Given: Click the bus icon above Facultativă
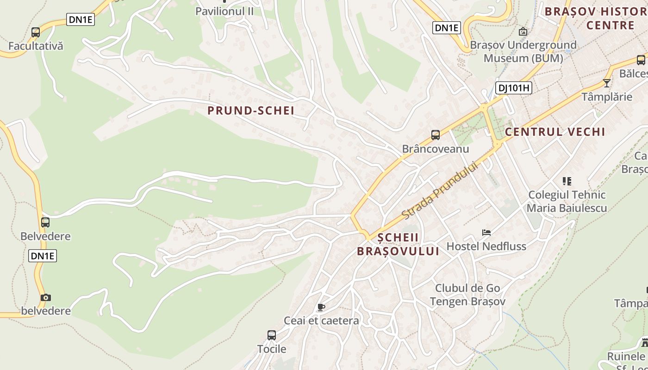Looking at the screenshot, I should (36, 32).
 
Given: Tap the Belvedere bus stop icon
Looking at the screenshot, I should (45, 222).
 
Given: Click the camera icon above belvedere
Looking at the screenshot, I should (45, 297).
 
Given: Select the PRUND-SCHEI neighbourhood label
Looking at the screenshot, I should (250, 111).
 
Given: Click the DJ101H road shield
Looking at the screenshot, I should (513, 88).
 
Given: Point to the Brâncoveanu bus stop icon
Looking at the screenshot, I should (435, 135).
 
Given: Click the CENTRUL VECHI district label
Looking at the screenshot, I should (555, 132).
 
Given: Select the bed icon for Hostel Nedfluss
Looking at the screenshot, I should (486, 233).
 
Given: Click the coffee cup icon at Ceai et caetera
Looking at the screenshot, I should (321, 307).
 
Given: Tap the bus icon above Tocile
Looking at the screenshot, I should (272, 335).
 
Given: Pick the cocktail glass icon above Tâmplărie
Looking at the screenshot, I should (606, 83).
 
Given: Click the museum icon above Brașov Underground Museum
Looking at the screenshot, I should (523, 31).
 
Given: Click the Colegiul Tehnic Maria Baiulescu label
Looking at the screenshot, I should (567, 201).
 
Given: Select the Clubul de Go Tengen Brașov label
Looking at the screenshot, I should (467, 295).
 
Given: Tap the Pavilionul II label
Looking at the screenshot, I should (224, 11).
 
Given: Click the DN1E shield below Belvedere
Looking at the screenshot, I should (43, 256).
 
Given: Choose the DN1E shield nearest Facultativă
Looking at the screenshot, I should (81, 19).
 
